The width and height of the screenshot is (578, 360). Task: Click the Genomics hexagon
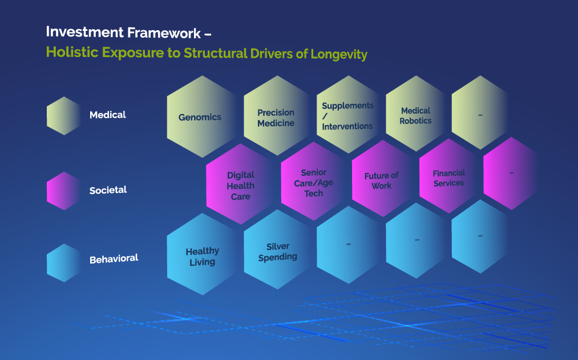point(200,117)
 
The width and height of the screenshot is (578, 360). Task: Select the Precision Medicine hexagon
point(276,118)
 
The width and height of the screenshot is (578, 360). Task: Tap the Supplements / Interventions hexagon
point(347,116)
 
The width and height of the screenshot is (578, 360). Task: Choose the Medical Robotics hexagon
point(415,116)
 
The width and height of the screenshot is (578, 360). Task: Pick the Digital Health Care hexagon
point(240,185)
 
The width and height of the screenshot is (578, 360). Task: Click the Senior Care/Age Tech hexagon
point(313,183)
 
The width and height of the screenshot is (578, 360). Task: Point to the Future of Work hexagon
point(381,180)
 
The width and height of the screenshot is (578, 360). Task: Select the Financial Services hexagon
point(448,178)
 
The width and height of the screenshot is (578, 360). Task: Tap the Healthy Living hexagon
point(202,256)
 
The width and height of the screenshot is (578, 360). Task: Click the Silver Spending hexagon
point(277,252)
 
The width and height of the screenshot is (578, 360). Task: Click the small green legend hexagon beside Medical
point(63,116)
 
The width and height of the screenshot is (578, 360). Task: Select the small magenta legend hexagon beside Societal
point(63,191)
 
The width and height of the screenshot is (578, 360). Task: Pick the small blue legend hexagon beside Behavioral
point(63,263)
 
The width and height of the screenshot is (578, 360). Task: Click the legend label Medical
point(108,115)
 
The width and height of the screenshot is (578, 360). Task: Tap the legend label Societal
point(108,190)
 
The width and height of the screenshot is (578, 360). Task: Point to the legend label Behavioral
point(114,259)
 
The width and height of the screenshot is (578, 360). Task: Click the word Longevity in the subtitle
point(339,54)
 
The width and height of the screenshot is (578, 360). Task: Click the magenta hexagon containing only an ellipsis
point(511,173)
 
